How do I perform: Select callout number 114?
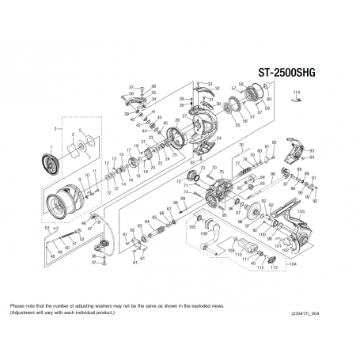[297, 94]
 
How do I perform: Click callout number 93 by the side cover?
[312, 150]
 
